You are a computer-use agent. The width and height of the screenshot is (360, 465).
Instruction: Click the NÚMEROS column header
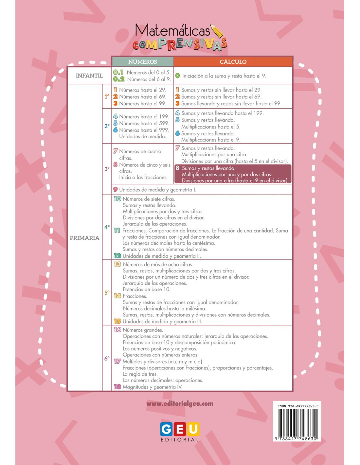click(142, 61)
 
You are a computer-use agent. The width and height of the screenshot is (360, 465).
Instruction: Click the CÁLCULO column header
click(233, 61)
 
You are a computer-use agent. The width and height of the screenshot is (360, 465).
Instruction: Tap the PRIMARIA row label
click(84, 238)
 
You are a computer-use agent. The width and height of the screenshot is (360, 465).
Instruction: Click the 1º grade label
click(107, 96)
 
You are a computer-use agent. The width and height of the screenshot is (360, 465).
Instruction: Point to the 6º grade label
click(107, 358)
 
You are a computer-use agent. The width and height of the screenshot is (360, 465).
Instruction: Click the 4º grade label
click(107, 227)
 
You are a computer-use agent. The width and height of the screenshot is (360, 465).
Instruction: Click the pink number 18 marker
click(117, 387)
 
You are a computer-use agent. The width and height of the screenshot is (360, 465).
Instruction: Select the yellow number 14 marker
click(117, 296)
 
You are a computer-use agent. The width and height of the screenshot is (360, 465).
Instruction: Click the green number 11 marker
click(117, 231)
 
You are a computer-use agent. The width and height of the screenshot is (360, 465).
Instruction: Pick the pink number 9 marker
click(115, 189)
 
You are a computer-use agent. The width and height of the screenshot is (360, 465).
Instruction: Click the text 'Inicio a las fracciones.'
click(143, 177)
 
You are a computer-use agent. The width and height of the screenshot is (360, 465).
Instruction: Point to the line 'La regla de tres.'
click(140, 374)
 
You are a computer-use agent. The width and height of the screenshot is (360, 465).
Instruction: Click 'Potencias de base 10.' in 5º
click(147, 289)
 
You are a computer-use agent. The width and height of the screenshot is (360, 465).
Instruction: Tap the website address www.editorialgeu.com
click(180, 404)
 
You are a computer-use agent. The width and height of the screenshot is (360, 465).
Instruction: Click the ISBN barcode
click(296, 422)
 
